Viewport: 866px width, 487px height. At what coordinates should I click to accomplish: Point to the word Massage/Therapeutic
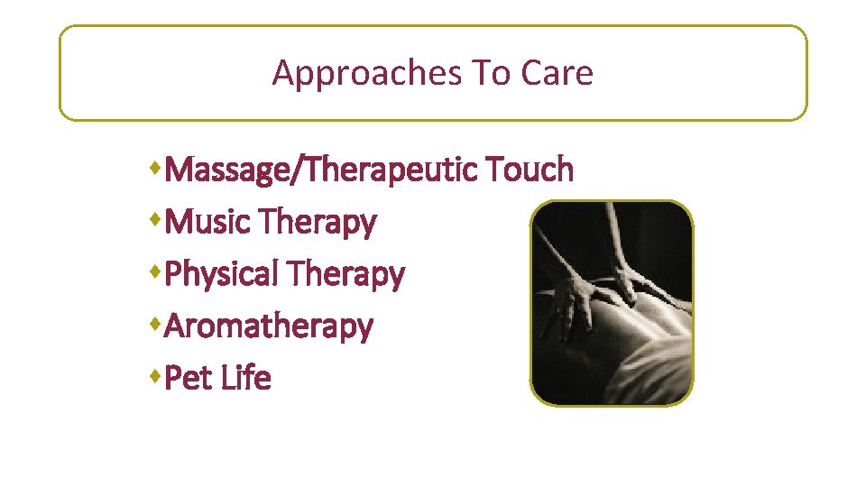click(x=323, y=169)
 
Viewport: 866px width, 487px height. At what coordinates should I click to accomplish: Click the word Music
click(x=209, y=221)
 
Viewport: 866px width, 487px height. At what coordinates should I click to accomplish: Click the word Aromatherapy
click(x=269, y=326)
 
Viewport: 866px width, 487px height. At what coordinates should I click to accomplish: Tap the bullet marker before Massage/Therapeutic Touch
click(x=159, y=167)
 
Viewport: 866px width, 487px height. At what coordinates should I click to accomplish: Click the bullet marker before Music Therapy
click(x=159, y=219)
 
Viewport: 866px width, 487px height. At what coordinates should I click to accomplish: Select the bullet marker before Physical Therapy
click(x=159, y=271)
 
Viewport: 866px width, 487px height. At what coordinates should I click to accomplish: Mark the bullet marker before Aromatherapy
click(x=159, y=324)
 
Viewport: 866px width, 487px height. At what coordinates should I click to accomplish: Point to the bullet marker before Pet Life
click(x=159, y=376)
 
